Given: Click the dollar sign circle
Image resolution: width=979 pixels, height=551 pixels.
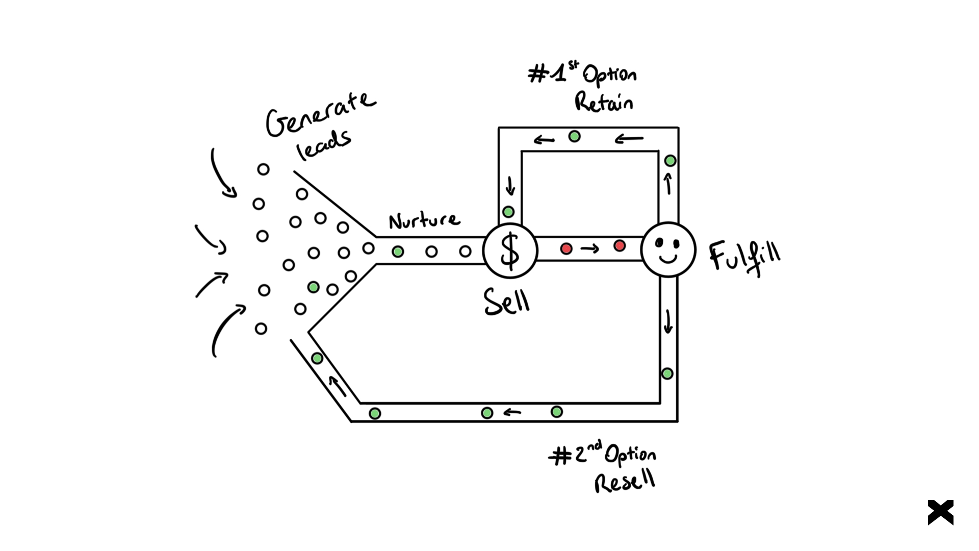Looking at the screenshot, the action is tap(510, 251).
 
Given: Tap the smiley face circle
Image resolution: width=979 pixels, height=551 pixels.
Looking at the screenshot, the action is tap(668, 249).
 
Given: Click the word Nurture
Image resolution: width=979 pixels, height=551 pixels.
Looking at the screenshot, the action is tap(424, 220).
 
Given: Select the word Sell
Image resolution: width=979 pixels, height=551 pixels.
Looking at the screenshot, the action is tap(507, 301).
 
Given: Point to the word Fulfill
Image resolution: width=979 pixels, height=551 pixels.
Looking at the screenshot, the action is tap(744, 257).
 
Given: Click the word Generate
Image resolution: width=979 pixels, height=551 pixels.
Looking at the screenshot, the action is tap(320, 115).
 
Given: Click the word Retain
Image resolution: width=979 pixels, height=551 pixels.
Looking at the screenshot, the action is tap(604, 102).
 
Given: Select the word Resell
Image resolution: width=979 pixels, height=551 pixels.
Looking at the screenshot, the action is tap(625, 481).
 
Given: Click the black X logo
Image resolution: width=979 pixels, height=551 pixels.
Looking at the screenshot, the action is tap(941, 512).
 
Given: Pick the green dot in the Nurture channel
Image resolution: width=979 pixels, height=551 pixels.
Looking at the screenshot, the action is tap(398, 252).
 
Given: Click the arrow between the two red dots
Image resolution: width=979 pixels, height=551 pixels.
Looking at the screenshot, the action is tap(589, 249).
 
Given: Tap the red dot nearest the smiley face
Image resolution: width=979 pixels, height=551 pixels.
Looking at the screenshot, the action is tap(620, 246).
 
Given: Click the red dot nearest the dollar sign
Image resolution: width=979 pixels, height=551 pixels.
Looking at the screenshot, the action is tap(566, 248).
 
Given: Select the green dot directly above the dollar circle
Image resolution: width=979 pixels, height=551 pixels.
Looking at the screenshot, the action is tap(508, 211).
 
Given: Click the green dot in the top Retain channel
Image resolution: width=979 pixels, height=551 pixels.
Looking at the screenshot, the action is tap(575, 136).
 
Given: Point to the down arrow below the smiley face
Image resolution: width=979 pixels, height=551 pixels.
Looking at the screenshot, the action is tap(668, 321).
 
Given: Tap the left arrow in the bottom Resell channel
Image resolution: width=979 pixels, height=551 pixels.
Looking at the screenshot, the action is tap(512, 412).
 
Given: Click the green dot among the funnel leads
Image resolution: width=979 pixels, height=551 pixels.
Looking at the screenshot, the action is tap(314, 287).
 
